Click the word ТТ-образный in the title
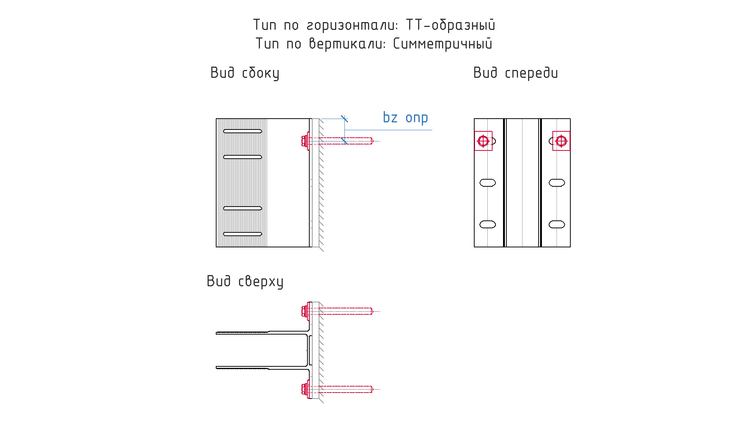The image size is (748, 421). (451, 25)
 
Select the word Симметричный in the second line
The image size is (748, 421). (442, 44)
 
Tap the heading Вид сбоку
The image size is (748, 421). (245, 73)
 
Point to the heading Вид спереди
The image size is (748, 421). (516, 73)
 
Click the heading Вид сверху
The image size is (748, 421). (245, 281)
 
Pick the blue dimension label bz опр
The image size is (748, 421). (405, 118)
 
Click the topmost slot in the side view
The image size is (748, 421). (243, 131)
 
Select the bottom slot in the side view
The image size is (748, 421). (243, 234)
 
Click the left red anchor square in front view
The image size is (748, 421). (483, 141)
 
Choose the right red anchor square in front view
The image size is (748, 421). (561, 141)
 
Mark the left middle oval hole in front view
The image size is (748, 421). (488, 183)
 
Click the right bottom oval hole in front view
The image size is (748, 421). (557, 225)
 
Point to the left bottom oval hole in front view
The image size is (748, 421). (488, 225)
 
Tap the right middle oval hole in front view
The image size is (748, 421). (557, 183)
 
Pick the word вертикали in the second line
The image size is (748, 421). (347, 44)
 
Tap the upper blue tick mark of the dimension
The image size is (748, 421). (344, 119)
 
